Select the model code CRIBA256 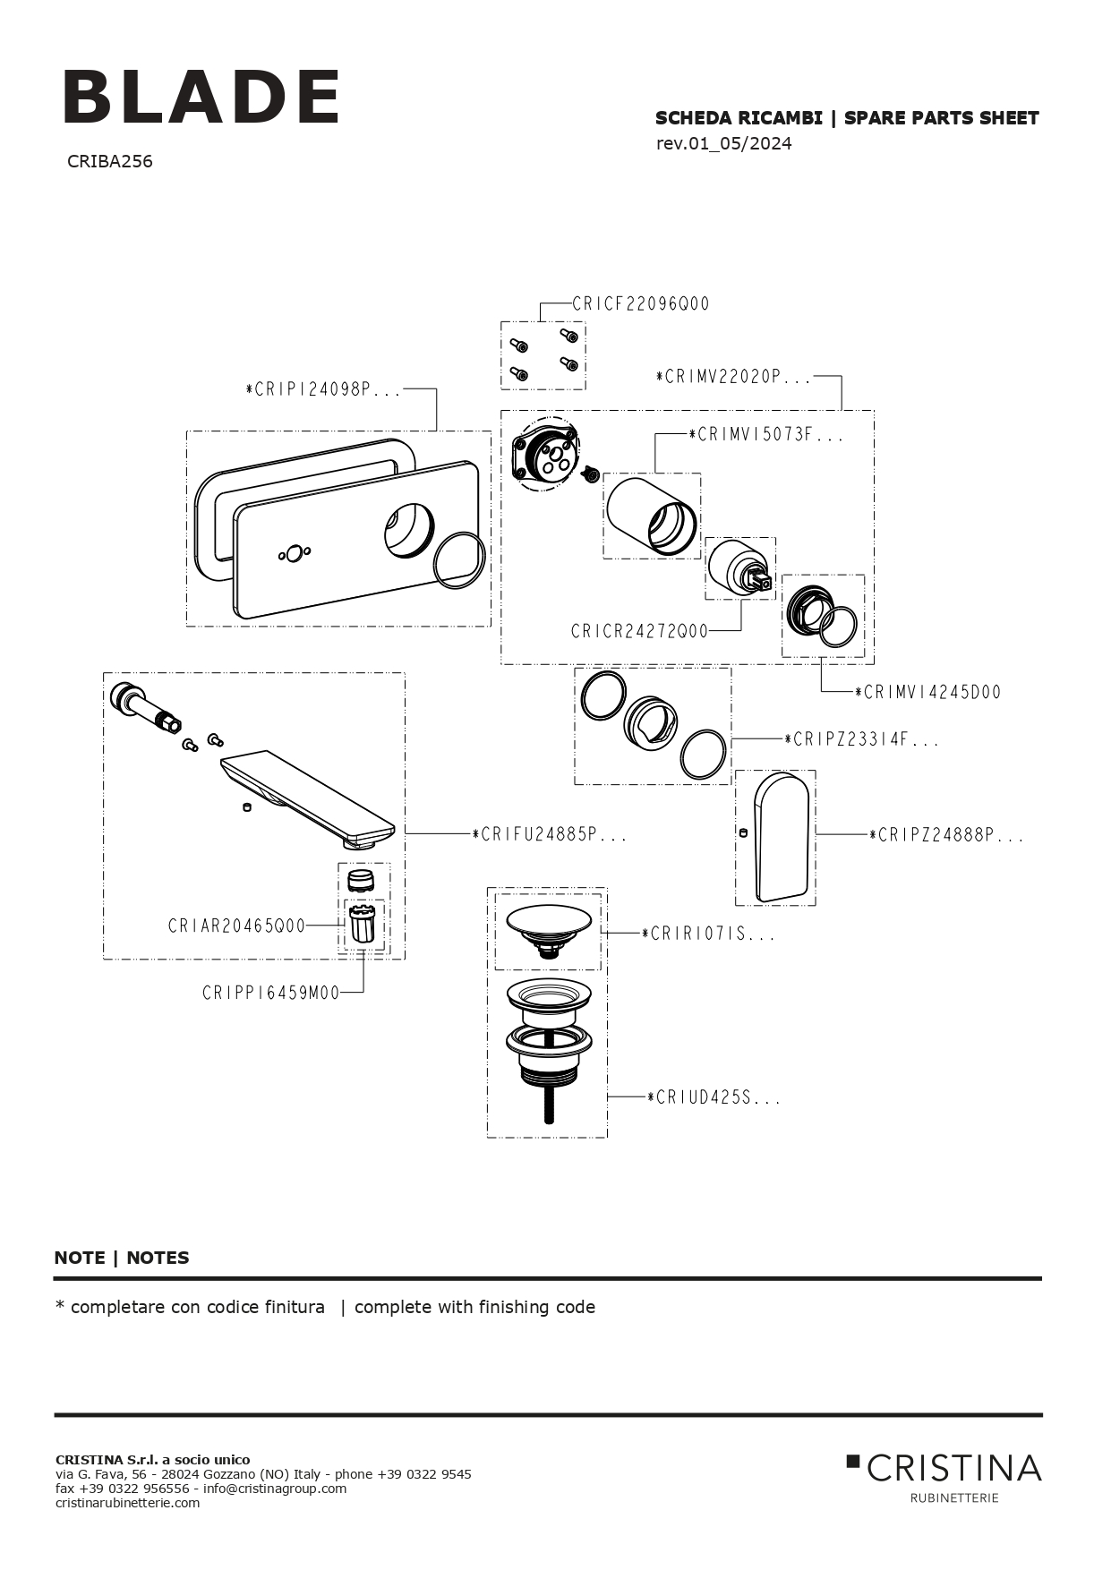click(109, 162)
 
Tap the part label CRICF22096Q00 click(640, 304)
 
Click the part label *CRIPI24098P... click(323, 390)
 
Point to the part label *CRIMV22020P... click(733, 378)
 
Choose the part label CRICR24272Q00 click(639, 632)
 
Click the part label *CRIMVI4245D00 click(927, 693)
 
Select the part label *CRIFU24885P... click(549, 835)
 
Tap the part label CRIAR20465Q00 click(236, 926)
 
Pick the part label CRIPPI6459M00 click(270, 993)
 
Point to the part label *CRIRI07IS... click(708, 934)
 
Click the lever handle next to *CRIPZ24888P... click(782, 836)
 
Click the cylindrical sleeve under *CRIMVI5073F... click(651, 516)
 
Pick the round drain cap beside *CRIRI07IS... click(548, 921)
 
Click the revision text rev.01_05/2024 click(723, 144)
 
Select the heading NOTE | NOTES click(122, 1258)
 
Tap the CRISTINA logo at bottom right click(945, 1469)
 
